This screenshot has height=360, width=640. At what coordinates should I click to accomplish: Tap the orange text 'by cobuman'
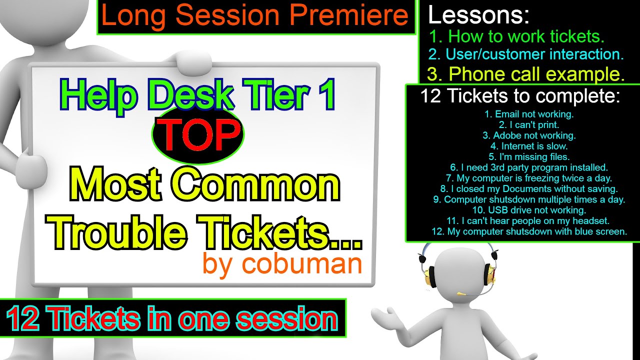click(282, 263)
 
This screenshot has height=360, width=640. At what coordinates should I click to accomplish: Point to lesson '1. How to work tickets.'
click(517, 36)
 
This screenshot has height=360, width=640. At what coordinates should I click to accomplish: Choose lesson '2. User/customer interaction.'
click(525, 54)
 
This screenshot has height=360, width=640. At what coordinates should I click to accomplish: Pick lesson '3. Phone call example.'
click(526, 74)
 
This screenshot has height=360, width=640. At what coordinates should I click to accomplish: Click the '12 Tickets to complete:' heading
click(520, 96)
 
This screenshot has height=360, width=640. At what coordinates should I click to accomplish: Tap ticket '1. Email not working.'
click(529, 114)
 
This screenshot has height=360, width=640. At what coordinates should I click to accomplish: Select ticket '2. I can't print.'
click(529, 124)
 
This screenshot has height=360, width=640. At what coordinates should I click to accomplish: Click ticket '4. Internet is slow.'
click(529, 146)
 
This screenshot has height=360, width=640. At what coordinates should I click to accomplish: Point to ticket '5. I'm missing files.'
click(529, 156)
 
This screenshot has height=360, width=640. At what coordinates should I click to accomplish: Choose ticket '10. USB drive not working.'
click(529, 210)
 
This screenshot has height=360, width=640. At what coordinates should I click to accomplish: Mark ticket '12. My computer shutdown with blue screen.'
click(529, 231)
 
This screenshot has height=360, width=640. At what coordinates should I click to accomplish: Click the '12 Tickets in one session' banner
click(173, 318)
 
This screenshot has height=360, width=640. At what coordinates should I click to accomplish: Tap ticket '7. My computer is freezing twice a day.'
click(529, 178)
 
